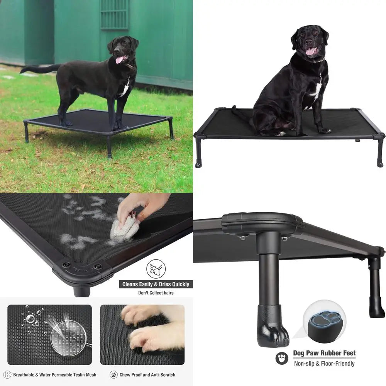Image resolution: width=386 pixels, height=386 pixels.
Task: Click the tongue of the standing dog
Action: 120,59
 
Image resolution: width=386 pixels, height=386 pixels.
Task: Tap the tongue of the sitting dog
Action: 310,51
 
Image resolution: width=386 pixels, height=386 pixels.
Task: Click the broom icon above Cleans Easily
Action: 156,269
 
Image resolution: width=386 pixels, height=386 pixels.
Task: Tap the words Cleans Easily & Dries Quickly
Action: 156,284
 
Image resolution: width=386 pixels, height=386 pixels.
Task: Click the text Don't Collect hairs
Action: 156,293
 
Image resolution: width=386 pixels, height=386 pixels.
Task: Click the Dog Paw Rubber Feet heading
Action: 324,353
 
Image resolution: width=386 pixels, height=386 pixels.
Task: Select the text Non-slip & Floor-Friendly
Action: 324,363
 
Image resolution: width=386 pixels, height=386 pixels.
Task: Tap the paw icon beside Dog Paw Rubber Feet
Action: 282,358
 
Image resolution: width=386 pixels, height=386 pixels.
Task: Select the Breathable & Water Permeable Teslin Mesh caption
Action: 54,374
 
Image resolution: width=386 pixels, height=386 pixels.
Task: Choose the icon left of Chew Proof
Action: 113,374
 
